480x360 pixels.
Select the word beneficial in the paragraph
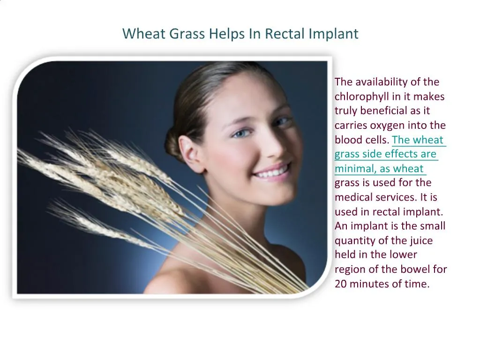(378, 111)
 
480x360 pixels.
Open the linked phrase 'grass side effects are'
(385, 154)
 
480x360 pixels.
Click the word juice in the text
(420, 240)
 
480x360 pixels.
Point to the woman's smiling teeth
(273, 172)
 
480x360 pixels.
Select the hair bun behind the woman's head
(174, 143)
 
